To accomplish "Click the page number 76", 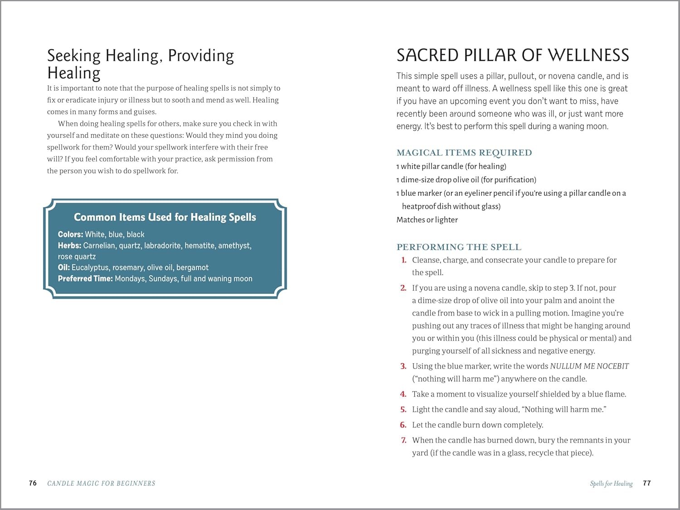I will [33, 483].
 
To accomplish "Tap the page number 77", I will [647, 483].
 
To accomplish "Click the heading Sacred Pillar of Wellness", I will [513, 55].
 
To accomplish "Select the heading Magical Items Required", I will [464, 153].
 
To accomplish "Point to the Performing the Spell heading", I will [459, 247].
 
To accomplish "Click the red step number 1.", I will [403, 260].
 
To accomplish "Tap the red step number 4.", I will [403, 394].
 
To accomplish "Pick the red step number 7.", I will [403, 440].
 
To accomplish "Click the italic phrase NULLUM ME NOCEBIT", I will [589, 366].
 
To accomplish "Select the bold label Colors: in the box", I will [70, 234].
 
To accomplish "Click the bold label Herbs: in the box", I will [69, 246].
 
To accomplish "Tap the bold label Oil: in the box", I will [64, 267].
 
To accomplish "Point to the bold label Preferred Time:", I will [85, 279].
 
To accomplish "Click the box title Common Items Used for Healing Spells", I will [165, 217].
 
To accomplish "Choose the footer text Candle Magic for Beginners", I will [101, 484].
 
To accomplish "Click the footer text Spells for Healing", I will [611, 484].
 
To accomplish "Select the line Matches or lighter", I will [427, 220].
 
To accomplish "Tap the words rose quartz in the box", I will [77, 257].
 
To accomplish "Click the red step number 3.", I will [403, 366].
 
